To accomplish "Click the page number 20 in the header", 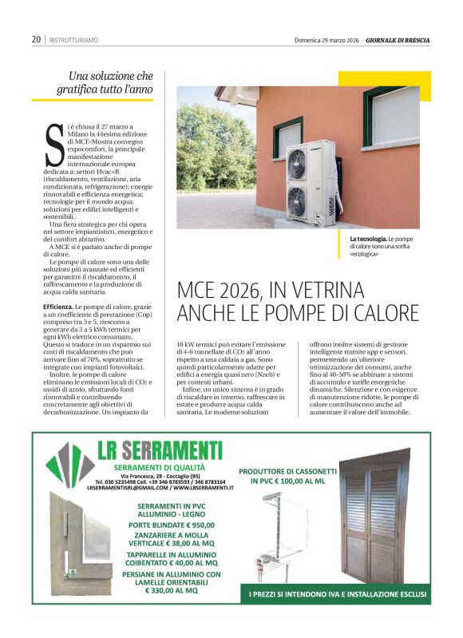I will tap(37, 39).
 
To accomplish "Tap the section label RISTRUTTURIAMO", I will tap(74, 40).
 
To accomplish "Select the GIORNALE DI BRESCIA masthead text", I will tap(399, 39).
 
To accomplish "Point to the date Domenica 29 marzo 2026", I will tap(327, 39).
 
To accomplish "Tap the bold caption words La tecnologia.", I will tap(368, 239).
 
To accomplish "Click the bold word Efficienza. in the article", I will tap(59, 307).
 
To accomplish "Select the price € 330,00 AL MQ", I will tap(164, 591).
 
